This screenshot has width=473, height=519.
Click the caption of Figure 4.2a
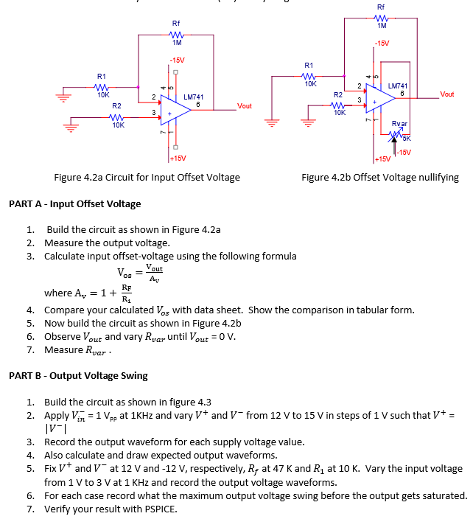click(x=147, y=177)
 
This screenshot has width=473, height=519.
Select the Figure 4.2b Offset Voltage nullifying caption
click(x=379, y=177)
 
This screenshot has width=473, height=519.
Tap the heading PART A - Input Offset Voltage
click(x=74, y=203)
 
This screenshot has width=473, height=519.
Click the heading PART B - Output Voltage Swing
click(x=78, y=375)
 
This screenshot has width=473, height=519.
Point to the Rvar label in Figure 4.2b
click(x=399, y=125)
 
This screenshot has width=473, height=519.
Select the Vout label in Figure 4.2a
click(x=245, y=106)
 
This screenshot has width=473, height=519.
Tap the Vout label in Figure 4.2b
click(x=446, y=94)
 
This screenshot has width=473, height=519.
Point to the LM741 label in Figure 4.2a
click(x=193, y=97)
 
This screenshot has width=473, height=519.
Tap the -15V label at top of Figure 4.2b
click(x=382, y=43)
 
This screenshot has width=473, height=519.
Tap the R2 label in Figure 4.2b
click(x=338, y=95)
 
